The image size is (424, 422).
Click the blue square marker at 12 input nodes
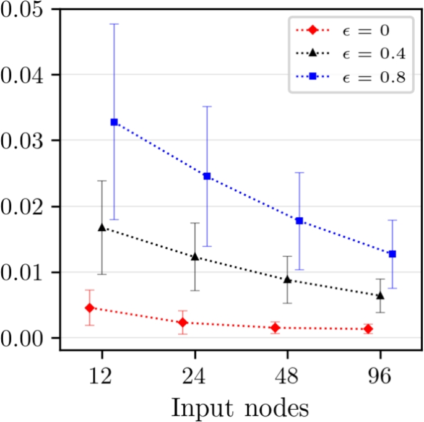click(x=114, y=122)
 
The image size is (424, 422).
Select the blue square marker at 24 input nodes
click(x=207, y=176)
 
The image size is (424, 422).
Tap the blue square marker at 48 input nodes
click(x=300, y=221)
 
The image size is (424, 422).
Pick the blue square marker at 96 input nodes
click(x=392, y=254)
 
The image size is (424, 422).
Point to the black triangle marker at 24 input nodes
click(x=195, y=256)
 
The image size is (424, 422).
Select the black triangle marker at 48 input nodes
click(x=287, y=280)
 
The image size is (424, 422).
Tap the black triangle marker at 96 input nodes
click(x=380, y=296)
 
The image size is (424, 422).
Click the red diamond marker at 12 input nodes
click(x=90, y=308)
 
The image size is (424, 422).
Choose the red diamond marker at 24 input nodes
click(x=183, y=322)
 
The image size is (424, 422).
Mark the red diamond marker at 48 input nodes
click(x=275, y=327)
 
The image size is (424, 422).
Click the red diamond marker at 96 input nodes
click(x=368, y=329)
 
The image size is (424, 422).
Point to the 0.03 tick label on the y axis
click(x=21, y=140)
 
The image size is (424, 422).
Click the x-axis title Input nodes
click(x=240, y=408)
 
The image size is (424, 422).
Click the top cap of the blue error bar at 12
click(x=114, y=24)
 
